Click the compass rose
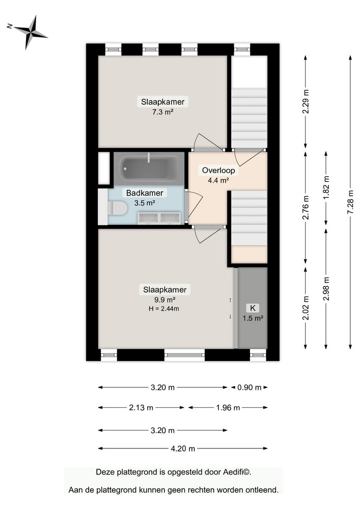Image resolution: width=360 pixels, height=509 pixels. [31, 33]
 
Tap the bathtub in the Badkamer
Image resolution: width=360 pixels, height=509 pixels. [149, 169]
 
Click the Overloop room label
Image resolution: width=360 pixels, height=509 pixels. [218, 171]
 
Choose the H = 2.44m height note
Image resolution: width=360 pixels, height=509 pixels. [164, 308]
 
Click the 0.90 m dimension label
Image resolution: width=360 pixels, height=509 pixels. [250, 387]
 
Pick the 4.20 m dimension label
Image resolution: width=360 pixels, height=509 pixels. [183, 448]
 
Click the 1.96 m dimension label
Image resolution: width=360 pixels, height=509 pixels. [228, 408]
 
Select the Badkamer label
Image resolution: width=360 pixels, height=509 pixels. [145, 193]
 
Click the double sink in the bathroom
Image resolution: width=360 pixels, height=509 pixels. [159, 218]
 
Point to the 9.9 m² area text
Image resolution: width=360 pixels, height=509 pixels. [164, 299]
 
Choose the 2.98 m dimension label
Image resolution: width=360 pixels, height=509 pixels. [327, 288]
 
